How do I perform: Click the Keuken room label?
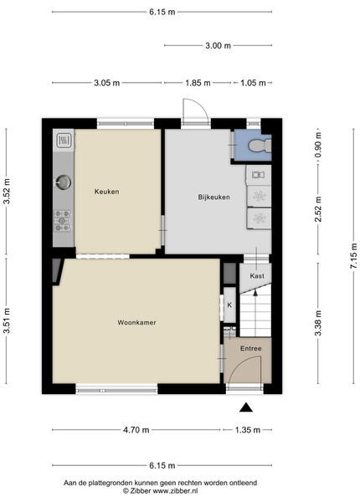(x=106, y=192)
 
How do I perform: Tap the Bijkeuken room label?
(x=214, y=197)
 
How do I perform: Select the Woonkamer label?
(x=136, y=322)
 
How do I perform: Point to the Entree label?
(x=251, y=348)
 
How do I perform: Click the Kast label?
(x=257, y=275)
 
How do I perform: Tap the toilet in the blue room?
(x=260, y=146)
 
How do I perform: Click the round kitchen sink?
(x=63, y=182)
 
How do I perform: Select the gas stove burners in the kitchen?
(x=63, y=220)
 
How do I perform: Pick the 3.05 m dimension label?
(x=106, y=83)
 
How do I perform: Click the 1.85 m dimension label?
(x=198, y=83)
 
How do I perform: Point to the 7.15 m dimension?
(x=353, y=256)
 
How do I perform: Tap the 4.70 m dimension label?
(x=136, y=430)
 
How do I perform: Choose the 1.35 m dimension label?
(x=248, y=430)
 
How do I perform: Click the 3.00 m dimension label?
(x=219, y=45)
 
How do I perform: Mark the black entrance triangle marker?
(x=246, y=407)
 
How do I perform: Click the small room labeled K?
(x=229, y=305)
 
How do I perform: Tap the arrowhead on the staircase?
(x=255, y=293)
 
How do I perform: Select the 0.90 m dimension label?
(x=318, y=145)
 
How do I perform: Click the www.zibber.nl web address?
(x=175, y=490)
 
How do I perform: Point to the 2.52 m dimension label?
(x=318, y=209)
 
